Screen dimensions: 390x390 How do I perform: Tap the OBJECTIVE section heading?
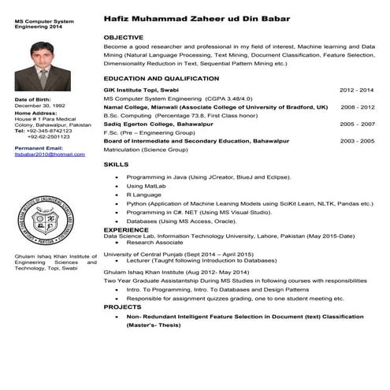[x=123, y=37]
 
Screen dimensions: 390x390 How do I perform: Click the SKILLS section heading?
[x=116, y=164]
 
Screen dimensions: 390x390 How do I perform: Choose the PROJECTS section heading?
[x=122, y=307]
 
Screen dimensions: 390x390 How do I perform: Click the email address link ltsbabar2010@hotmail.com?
[x=49, y=154]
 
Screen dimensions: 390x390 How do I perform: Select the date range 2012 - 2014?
[x=357, y=91]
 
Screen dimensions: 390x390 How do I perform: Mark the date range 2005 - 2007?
[x=357, y=124]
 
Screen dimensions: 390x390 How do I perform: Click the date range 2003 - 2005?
[x=357, y=140]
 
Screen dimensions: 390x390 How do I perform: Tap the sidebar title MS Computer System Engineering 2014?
[x=43, y=23]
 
